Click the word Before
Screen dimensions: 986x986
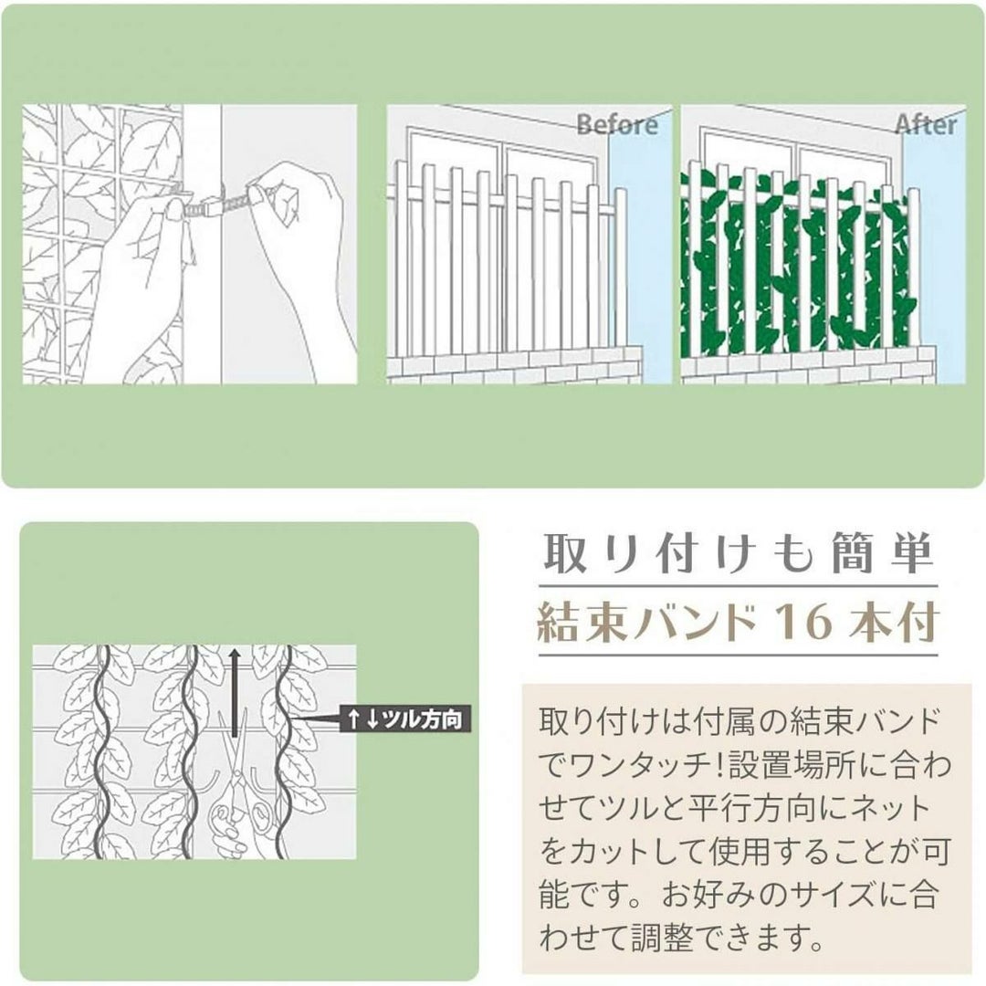click(x=617, y=124)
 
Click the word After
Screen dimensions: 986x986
click(x=926, y=124)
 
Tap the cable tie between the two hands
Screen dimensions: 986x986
click(x=217, y=200)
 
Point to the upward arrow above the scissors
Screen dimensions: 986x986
click(x=235, y=692)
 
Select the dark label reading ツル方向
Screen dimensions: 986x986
click(x=404, y=719)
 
